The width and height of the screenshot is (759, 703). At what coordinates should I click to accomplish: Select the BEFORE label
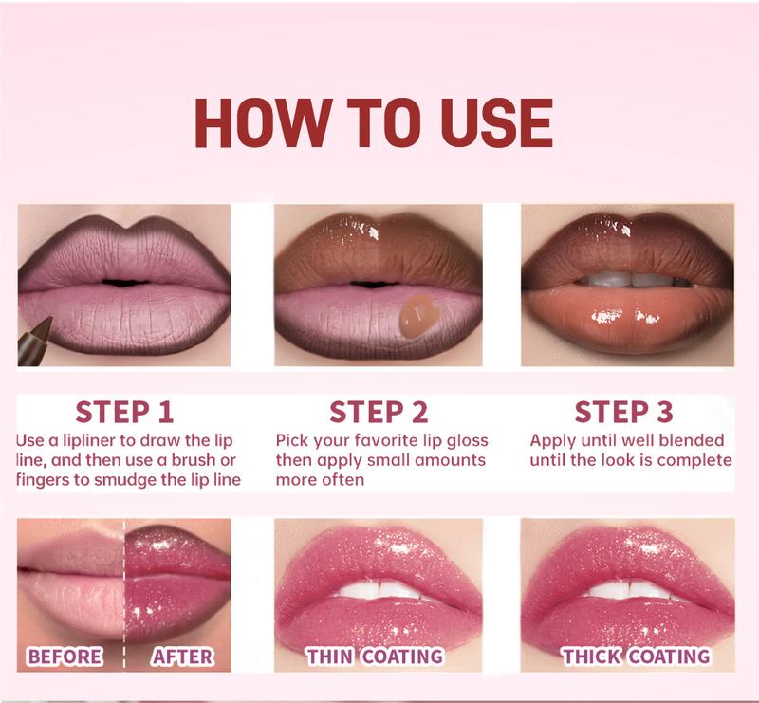[65, 656]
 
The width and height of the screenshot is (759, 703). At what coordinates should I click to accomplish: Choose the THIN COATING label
[375, 656]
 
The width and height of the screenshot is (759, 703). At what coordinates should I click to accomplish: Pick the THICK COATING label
[635, 656]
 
